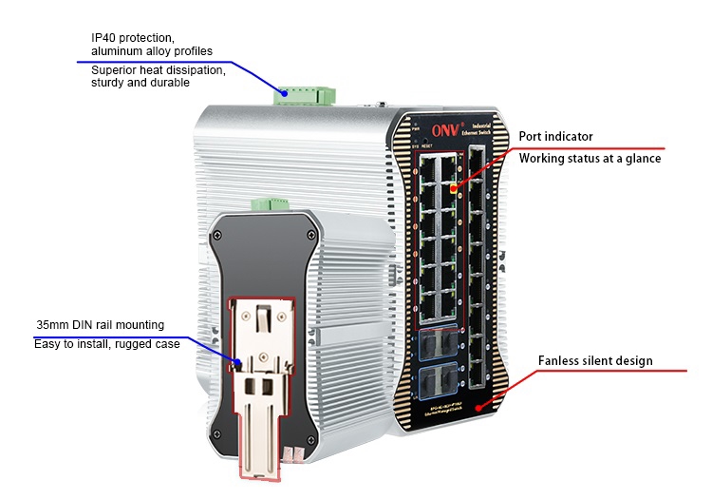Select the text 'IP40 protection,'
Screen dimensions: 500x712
pos(132,37)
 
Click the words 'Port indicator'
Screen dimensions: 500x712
pos(555,137)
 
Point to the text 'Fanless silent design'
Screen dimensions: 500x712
pos(595,361)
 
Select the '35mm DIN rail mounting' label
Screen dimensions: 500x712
pos(100,325)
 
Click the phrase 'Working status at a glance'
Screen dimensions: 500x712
pos(590,158)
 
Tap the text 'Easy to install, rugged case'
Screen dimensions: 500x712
pos(106,344)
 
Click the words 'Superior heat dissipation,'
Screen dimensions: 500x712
pos(158,70)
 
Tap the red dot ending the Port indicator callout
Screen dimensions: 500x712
pos(453,188)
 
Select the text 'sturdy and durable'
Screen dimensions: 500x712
pos(141,84)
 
